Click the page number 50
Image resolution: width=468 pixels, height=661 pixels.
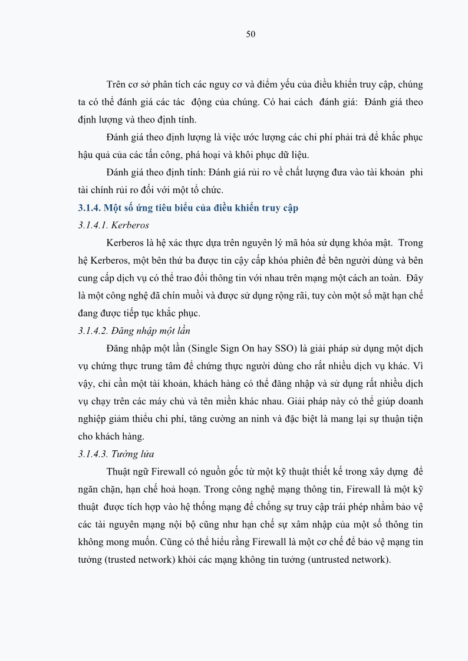[x=251, y=34]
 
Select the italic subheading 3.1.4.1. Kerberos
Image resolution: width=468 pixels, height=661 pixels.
[x=113, y=225]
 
